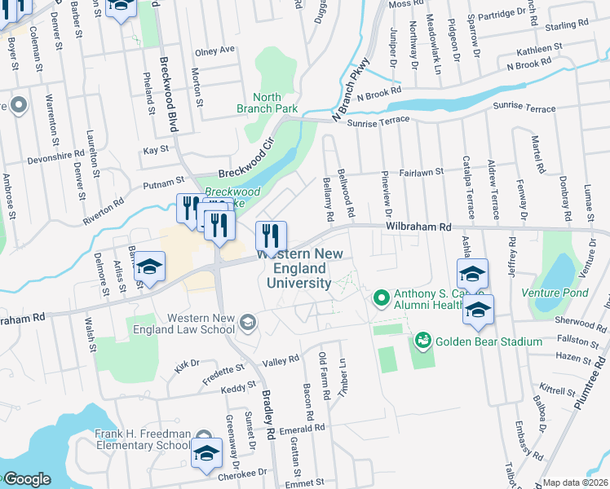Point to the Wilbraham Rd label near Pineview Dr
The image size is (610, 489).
click(418, 226)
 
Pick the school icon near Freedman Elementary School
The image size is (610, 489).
click(207, 453)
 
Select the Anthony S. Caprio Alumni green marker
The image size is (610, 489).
click(380, 298)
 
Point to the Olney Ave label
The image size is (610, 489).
click(214, 50)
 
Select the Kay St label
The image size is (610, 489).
click(155, 150)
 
